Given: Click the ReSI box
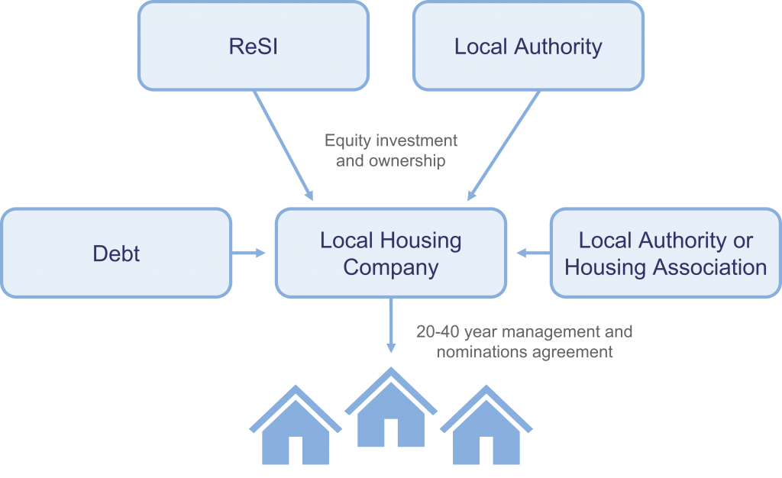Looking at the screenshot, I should pos(253,46).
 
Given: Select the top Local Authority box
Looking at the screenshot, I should pos(528,46).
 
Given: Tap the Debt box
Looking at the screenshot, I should pos(116,253).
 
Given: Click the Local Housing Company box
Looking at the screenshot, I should pos(390,253).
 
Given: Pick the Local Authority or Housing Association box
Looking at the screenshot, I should pos(665,253).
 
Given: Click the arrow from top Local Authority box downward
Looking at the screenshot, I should pos(503,145).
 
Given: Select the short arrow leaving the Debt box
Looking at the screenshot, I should pos(248,253).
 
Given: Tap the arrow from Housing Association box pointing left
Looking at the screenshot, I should pos(533,253).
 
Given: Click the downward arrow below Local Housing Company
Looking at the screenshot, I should pos(391,325).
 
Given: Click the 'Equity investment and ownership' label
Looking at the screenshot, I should pos(391,150).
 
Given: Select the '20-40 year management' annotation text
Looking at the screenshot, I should pos(524,332).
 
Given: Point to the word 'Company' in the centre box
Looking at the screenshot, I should pos(390,267).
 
